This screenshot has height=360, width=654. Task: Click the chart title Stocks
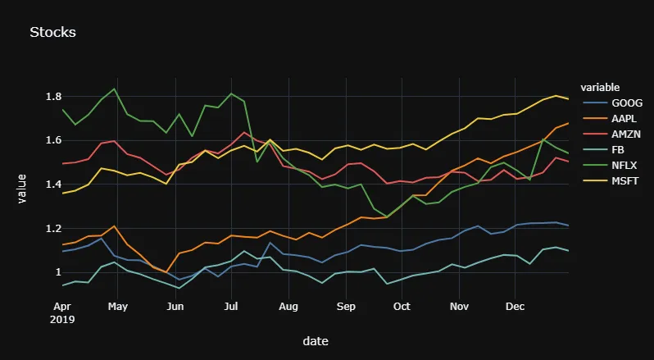52,33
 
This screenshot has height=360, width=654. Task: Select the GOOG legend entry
627,103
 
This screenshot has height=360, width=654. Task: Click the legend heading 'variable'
599,87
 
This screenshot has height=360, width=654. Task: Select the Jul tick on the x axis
231,308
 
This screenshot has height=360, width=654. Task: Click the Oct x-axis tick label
402,308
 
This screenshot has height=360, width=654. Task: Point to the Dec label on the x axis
515,308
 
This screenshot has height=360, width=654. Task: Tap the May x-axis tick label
118,308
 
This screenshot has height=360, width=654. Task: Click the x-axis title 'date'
316,340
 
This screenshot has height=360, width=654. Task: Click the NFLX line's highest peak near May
115,89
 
